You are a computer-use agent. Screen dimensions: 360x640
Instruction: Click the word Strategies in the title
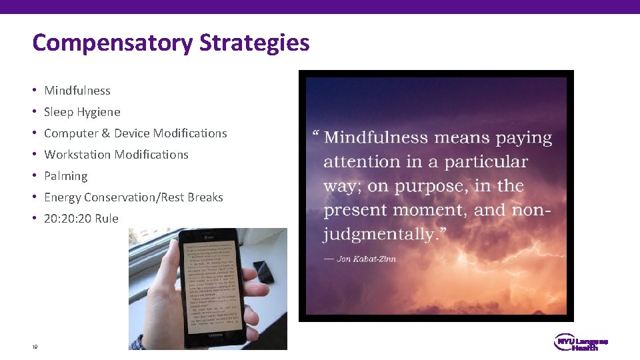click(x=254, y=43)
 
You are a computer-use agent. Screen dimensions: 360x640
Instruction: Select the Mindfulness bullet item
click(x=77, y=91)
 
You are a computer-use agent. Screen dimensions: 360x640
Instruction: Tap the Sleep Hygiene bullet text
click(x=82, y=112)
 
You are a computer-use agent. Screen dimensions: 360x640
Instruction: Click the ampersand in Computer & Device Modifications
click(x=105, y=133)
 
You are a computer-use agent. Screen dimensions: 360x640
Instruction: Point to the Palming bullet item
click(x=65, y=176)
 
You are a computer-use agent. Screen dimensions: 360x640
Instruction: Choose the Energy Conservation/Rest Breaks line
click(x=133, y=197)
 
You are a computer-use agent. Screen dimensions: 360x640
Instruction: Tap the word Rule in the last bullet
click(x=107, y=219)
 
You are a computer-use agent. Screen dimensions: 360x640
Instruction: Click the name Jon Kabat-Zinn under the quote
click(x=366, y=259)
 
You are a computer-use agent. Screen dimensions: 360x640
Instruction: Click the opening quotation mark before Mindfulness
click(x=315, y=136)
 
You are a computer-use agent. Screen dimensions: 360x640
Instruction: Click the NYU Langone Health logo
click(x=581, y=343)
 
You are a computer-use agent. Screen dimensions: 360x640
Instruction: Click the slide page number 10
click(x=35, y=347)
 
